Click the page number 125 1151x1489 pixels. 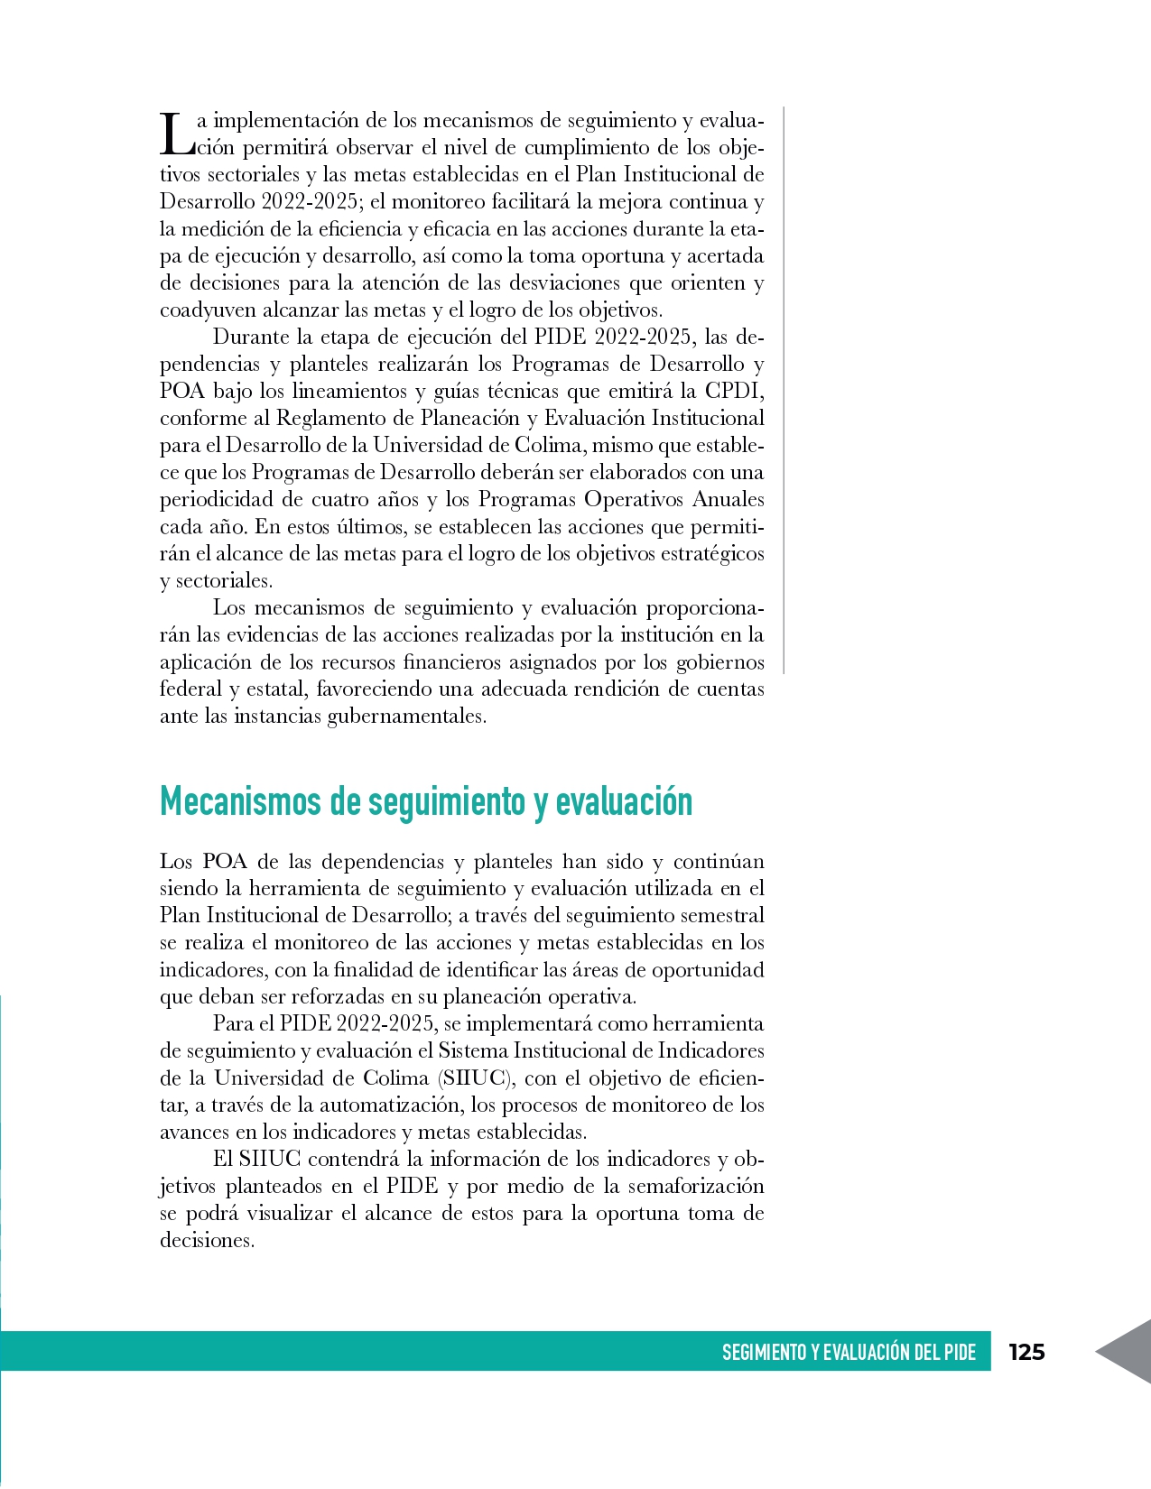click(x=1026, y=1352)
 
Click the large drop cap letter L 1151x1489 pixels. click(x=173, y=134)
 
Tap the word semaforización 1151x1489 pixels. click(x=696, y=1186)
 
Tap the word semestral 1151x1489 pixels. click(x=721, y=915)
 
